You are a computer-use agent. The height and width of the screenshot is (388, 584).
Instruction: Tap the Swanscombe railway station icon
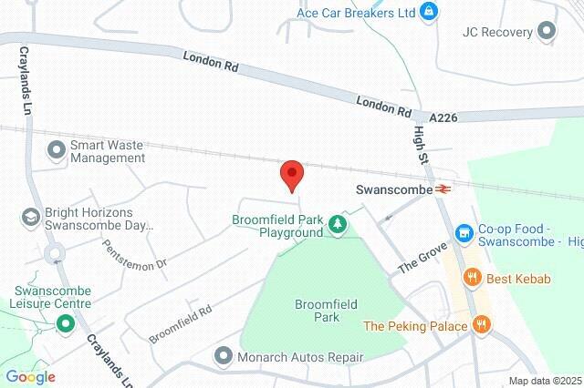point(444,189)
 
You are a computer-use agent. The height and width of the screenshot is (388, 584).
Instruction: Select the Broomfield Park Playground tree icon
point(339,223)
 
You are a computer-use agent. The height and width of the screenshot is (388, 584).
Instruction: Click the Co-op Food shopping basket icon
point(464,234)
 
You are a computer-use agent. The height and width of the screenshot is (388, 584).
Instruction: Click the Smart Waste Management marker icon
point(57,148)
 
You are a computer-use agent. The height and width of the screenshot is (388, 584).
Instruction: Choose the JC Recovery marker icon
point(547,32)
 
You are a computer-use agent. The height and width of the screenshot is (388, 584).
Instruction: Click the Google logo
point(30,377)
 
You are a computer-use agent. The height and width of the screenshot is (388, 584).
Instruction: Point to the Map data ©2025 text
point(544,381)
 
